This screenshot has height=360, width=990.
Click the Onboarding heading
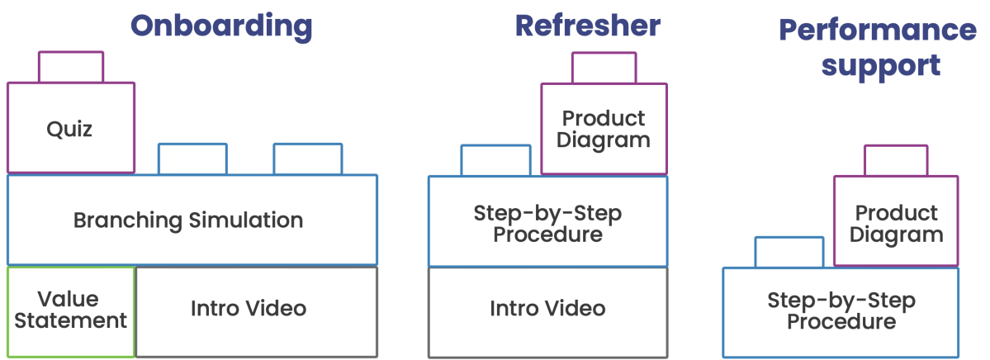pos(221,26)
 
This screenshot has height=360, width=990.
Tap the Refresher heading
pos(587,26)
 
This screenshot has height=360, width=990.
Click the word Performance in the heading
pos(877,31)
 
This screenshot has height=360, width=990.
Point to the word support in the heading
pos(881,65)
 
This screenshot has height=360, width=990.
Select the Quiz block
pos(70,129)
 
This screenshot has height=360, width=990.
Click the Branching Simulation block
pos(192,220)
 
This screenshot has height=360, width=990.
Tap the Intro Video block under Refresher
pos(547,310)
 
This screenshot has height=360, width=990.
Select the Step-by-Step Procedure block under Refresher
pos(547,223)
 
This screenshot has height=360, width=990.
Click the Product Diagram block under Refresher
pos(604,129)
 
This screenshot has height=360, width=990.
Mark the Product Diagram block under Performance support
pos(896,223)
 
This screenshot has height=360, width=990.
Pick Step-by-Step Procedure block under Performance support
pos(841,311)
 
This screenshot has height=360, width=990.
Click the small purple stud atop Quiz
pos(71,68)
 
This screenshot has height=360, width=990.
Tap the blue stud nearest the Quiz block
pos(192,159)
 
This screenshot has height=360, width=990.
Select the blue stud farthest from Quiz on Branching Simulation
pos(308,159)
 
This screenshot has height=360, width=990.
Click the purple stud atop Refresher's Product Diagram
pos(604,68)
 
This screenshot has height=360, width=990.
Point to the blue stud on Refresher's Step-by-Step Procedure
pos(495,161)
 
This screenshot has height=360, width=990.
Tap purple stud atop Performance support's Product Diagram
pos(896,160)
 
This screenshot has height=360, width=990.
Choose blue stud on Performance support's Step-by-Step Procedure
pos(789,252)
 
